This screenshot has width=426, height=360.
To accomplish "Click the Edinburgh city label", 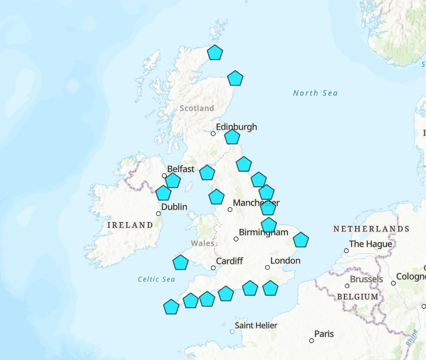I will (236, 127).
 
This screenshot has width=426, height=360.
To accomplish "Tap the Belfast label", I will (182, 169).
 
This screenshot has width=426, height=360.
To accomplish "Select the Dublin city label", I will (174, 207).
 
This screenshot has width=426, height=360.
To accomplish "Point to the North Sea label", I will (315, 93).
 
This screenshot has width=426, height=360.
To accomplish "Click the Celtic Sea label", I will (156, 279).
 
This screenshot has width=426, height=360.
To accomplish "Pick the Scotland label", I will (197, 108).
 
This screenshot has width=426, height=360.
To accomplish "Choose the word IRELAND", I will (130, 225).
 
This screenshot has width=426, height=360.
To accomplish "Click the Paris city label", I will (324, 334).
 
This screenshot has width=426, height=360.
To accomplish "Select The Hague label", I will (370, 244).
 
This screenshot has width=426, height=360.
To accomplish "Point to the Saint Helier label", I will (256, 325).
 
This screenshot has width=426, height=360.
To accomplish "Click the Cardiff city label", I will (229, 261).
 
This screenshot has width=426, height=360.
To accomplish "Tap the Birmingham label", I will (264, 232).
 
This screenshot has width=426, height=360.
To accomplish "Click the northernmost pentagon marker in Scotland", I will (215, 52).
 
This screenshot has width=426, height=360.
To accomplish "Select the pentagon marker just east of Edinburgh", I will (232, 137).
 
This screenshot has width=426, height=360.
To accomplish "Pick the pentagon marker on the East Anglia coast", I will (301, 240).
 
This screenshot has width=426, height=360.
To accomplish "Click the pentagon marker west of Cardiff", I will (181, 262).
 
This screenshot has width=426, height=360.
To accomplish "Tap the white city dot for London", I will (267, 267).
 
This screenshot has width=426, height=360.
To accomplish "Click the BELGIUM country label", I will (357, 297).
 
